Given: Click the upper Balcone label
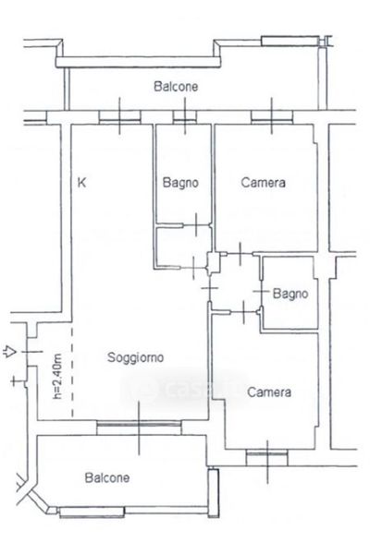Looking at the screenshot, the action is [176, 87].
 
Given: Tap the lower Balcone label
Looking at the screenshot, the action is [107, 477].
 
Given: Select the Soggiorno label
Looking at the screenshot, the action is [136, 357].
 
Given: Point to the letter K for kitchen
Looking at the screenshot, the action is [81, 183].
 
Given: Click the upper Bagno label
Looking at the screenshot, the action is [180, 183].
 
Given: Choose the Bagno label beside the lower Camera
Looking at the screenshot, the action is [290, 294].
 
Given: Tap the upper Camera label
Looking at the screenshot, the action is [263, 182].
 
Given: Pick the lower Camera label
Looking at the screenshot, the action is [269, 391].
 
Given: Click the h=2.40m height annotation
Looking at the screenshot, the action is [57, 376].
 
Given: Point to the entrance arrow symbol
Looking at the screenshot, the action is [9, 352].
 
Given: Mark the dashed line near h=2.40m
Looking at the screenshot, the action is [72, 372].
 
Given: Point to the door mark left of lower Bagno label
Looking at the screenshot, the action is [261, 291].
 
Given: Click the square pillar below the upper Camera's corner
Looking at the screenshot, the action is [214, 263].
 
